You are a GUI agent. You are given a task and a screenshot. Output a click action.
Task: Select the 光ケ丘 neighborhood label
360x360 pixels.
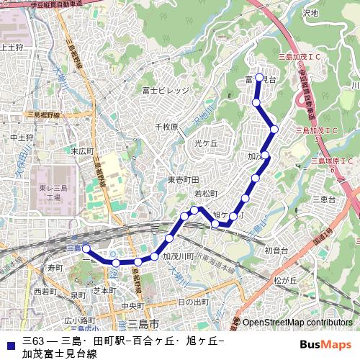(206, 143)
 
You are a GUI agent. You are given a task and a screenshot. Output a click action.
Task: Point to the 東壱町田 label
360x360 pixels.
(184, 179)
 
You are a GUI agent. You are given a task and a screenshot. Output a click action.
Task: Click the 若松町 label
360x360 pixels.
(206, 194)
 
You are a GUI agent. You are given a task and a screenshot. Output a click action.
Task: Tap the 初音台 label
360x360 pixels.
(276, 251)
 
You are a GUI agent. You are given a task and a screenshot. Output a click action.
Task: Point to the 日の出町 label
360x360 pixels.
(193, 301)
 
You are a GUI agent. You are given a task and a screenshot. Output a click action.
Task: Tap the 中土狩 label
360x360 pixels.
(22, 137)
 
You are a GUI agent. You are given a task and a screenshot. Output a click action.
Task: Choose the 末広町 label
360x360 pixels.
(82, 151)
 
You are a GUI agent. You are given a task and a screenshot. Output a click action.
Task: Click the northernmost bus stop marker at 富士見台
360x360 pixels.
(259, 77)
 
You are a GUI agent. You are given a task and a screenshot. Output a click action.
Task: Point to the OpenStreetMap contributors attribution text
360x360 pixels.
(297, 322)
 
